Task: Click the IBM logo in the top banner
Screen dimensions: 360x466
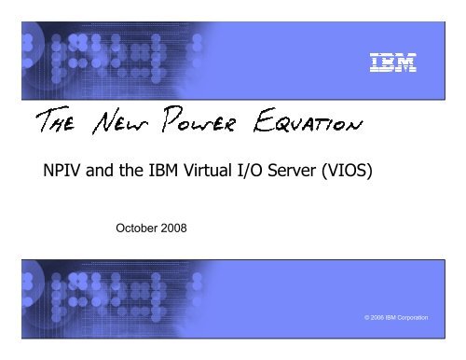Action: (x=397, y=62)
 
